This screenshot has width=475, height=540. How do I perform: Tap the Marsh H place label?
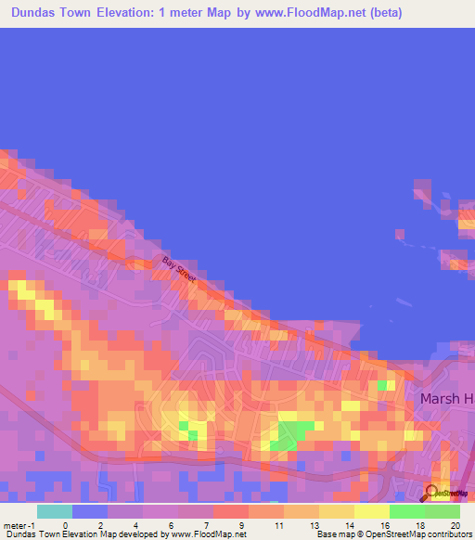[447, 398]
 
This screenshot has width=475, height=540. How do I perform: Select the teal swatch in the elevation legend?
[55, 511]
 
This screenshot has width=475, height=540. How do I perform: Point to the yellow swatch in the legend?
[372, 511]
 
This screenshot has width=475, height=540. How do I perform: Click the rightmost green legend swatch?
[443, 511]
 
